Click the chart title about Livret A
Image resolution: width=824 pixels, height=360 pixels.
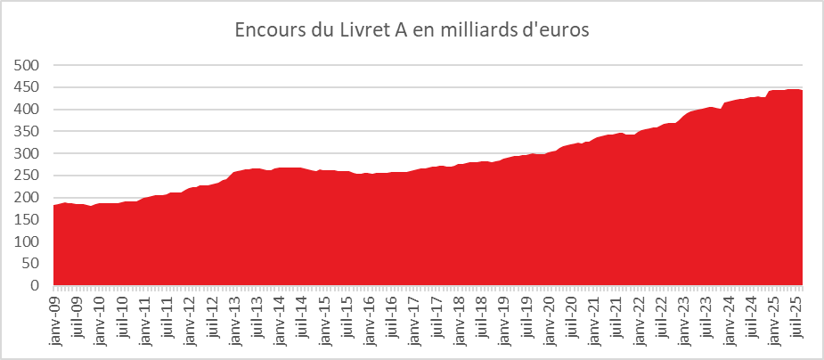click(412, 29)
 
